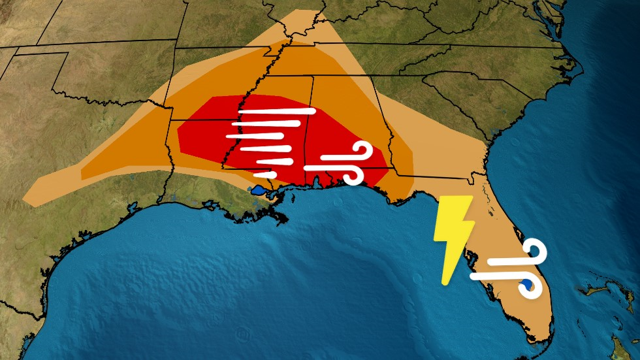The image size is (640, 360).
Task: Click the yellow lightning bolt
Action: click(x=453, y=235)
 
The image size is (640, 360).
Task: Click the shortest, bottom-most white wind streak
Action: click(x=265, y=174)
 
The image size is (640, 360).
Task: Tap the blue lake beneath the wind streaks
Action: click(x=257, y=191)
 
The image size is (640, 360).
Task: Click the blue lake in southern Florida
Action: click(x=524, y=285)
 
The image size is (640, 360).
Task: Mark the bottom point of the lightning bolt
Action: click(x=445, y=283)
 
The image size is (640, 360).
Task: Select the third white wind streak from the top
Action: click(x=255, y=137)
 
